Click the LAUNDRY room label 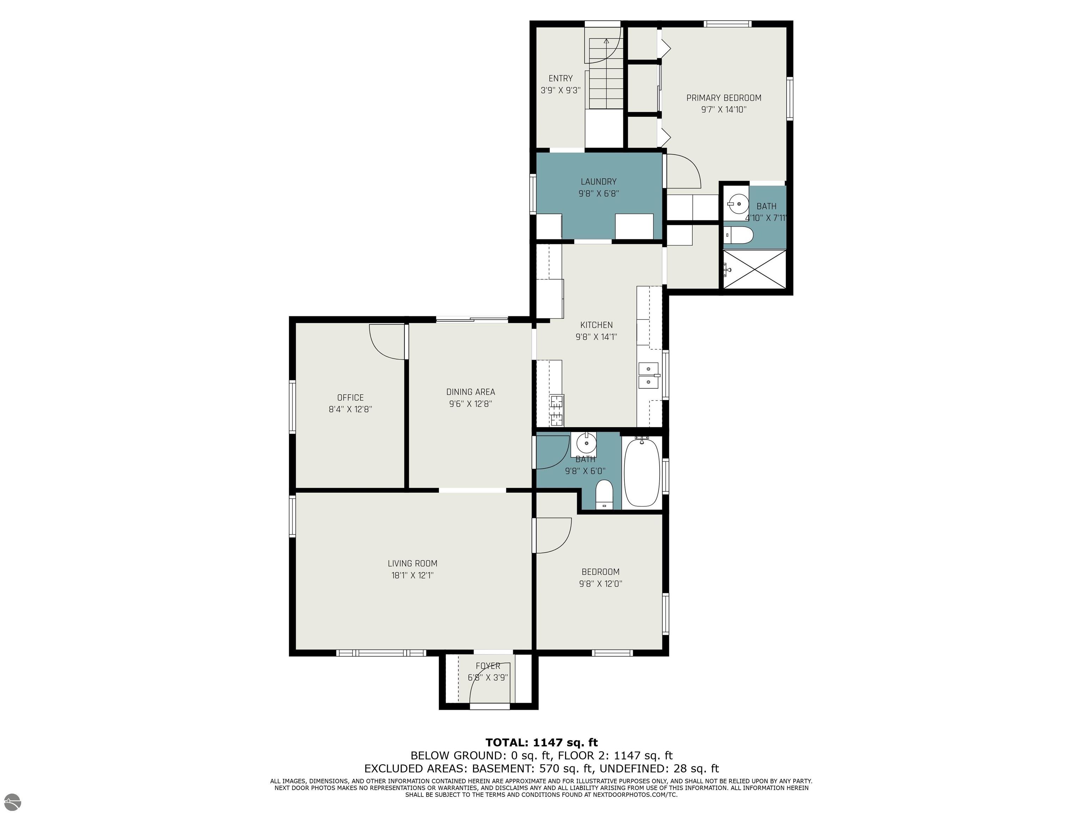click(x=598, y=181)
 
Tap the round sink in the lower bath click(x=586, y=444)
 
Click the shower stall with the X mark click(x=754, y=270)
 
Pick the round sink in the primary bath click(x=738, y=202)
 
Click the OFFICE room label click(x=350, y=397)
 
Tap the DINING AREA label click(x=471, y=392)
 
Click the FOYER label click(x=488, y=666)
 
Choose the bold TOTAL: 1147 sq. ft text click(x=541, y=742)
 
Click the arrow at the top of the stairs click(x=606, y=41)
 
